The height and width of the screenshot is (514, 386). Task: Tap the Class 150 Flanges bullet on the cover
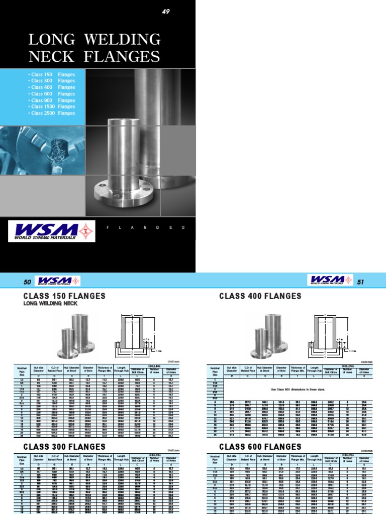pos(52,74)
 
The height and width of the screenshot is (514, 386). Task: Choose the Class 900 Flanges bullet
pos(52,100)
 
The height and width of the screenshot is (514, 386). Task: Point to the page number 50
pos(28,283)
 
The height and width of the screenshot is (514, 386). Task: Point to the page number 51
pos(359,282)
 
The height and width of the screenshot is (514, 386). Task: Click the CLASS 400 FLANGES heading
pos(260,296)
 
